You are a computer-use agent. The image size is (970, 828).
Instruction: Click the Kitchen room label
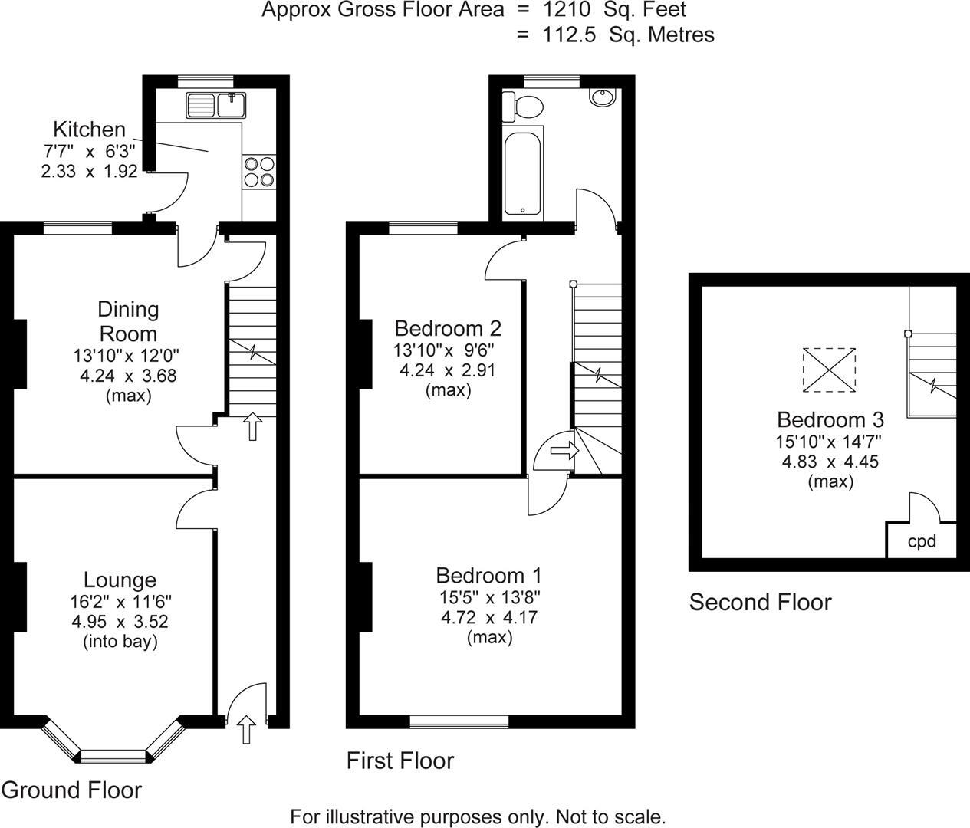[x=89, y=129]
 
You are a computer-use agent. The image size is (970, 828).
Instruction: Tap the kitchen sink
[x=215, y=103]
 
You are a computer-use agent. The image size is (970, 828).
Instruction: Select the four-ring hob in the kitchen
[x=258, y=171]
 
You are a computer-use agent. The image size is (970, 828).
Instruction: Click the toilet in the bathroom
[x=521, y=107]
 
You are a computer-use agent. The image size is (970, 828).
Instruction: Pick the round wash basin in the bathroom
[x=602, y=97]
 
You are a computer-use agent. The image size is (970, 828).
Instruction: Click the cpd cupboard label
[x=922, y=541]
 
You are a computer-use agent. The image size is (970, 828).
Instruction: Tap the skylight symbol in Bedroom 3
[x=829, y=370]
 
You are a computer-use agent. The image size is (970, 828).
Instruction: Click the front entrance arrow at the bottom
[x=246, y=730]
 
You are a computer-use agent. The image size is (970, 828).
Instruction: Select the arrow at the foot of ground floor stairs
[x=252, y=426]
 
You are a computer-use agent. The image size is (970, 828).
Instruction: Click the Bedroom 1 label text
[x=488, y=575]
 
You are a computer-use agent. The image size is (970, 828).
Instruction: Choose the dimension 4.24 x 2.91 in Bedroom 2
[x=447, y=370]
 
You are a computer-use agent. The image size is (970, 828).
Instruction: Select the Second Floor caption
[x=760, y=602]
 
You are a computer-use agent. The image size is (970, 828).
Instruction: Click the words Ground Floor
[x=71, y=790]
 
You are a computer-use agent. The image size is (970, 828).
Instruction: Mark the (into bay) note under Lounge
[x=120, y=641]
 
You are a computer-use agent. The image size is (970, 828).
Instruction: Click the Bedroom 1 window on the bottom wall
[x=459, y=721]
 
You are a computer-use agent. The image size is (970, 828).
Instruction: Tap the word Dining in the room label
[x=128, y=309]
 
